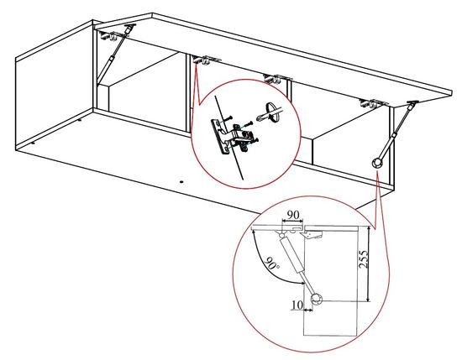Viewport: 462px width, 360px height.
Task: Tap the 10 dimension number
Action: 297,305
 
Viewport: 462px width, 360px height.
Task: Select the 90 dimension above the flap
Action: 293,215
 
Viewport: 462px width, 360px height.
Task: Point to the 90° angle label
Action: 272,263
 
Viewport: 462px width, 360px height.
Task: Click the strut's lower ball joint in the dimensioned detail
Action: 317,300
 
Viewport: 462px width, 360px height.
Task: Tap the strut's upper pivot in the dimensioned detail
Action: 281,235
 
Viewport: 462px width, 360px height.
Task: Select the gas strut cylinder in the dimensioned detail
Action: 291,255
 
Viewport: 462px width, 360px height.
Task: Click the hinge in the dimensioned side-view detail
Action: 312,234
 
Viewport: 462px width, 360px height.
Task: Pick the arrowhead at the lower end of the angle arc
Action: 302,283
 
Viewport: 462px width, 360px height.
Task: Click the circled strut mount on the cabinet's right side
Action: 376,163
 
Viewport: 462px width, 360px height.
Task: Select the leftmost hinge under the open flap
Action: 109,36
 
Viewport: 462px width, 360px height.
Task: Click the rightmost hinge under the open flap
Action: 373,103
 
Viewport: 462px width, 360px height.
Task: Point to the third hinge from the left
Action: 277,79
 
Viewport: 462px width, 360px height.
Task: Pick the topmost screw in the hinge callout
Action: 228,118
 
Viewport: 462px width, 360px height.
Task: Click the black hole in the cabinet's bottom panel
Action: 181,182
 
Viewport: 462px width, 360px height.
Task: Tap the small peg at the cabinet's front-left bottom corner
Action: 33,143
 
